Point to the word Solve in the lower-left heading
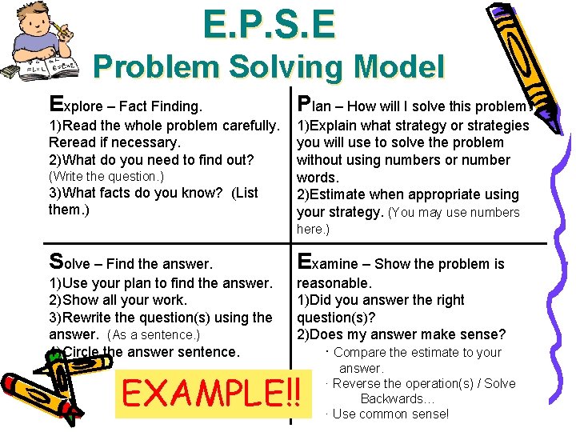[71, 262]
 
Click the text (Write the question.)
[106, 176]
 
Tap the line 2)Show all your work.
[118, 300]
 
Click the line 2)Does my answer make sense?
[401, 334]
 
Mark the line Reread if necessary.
[115, 142]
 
